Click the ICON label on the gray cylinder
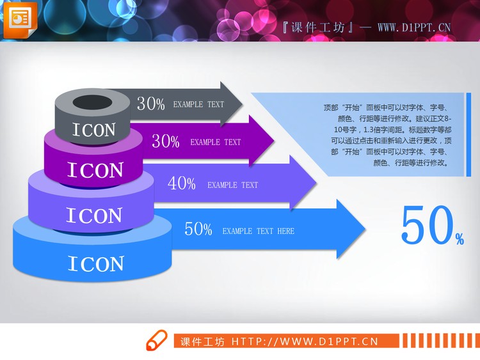[x=94, y=130]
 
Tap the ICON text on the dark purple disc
[x=95, y=170]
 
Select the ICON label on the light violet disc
[x=94, y=215]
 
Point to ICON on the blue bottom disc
[x=96, y=263]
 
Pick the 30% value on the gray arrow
[x=151, y=104]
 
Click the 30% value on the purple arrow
[x=166, y=142]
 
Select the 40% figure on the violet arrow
[x=182, y=184]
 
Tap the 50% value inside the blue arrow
[x=198, y=230]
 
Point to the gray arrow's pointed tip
[x=241, y=103]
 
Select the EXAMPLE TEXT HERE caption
[x=259, y=231]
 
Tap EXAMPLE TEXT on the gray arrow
[x=198, y=104]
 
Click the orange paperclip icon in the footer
[x=157, y=340]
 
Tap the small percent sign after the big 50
[x=460, y=239]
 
